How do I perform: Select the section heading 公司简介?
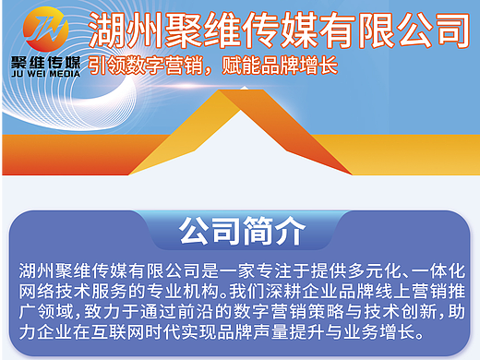pos(240,231)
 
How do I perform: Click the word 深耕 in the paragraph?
pos(293,291)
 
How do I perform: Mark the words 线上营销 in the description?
pos(414,291)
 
